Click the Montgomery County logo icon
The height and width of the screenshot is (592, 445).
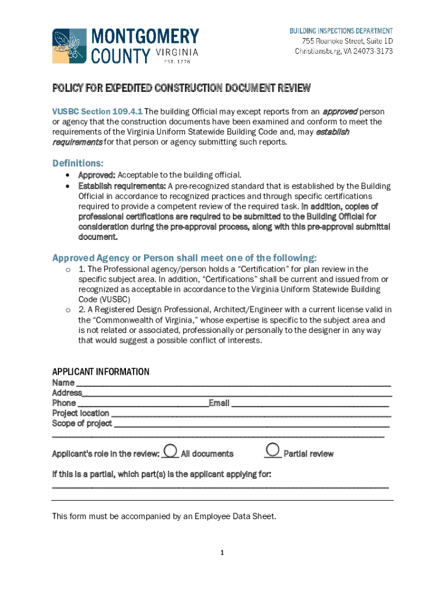[x=69, y=46]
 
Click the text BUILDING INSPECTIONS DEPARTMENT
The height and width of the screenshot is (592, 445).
[x=341, y=31]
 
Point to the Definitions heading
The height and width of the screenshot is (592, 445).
[x=77, y=163]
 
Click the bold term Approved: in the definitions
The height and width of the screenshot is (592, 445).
[x=97, y=175]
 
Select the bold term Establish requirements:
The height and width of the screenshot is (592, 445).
[x=122, y=186]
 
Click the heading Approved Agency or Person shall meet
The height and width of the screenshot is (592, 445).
[x=184, y=257]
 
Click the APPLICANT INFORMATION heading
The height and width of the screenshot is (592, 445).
[x=101, y=372]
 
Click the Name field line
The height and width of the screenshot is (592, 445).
[x=233, y=384]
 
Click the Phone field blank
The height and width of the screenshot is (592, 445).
[x=143, y=404]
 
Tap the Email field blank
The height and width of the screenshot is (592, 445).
[x=309, y=404]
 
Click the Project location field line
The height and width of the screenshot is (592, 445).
[x=250, y=415]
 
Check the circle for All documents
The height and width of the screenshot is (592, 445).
[x=170, y=450]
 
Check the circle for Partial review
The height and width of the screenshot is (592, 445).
[x=273, y=449]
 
